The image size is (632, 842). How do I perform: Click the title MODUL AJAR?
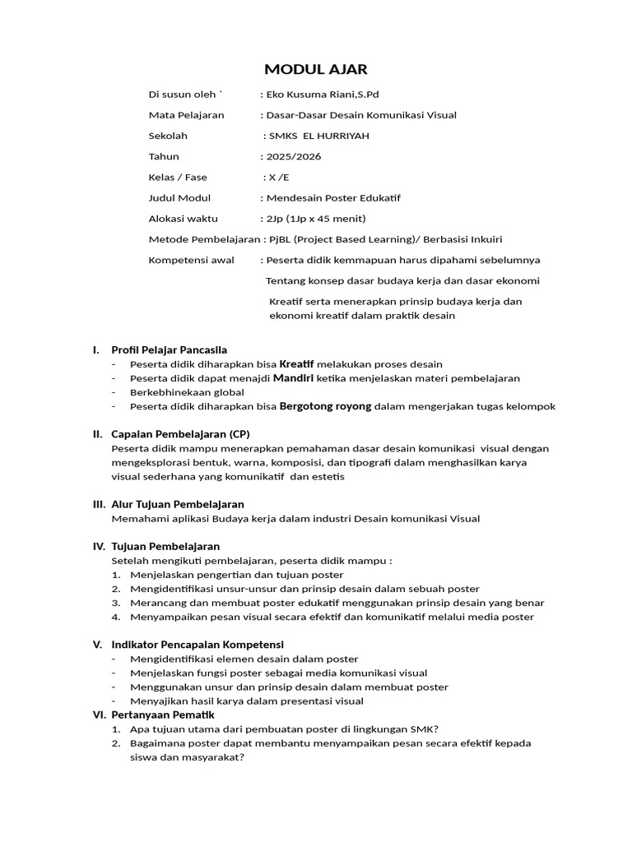316,69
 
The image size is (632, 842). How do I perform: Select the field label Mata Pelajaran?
186,115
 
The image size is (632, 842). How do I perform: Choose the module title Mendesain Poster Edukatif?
332,197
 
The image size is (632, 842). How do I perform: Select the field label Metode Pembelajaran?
202,239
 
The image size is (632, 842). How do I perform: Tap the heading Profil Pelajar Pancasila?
169,350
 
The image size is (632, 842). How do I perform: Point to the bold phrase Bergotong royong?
326,406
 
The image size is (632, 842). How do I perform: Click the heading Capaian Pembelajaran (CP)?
180,434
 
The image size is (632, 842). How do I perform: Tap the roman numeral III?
99,504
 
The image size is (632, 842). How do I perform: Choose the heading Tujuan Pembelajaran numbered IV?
165,547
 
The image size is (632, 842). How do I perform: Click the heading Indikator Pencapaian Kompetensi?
197,644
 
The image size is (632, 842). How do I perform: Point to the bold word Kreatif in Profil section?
297,364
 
